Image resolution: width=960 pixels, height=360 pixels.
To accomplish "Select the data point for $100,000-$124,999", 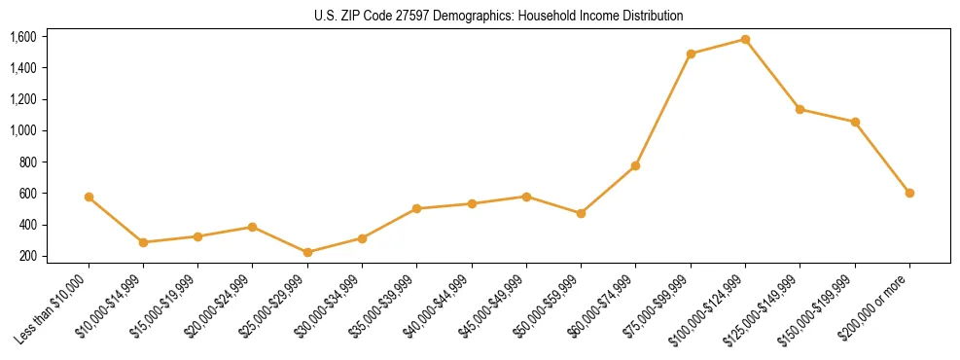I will [x=745, y=39].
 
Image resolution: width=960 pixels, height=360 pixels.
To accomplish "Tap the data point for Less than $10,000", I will [x=89, y=197].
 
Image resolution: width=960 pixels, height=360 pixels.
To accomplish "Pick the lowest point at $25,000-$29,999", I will [x=307, y=252].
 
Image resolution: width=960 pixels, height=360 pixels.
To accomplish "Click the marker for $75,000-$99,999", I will [x=691, y=54].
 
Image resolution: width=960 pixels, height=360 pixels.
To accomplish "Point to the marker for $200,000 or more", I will [x=909, y=193].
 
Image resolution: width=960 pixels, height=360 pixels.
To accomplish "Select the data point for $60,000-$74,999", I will [x=635, y=165].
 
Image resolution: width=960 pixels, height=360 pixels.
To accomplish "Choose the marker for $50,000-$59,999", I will [x=581, y=213].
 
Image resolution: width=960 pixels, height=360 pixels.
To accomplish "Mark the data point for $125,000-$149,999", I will [x=800, y=109].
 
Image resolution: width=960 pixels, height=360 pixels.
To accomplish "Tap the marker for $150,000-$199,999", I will [x=855, y=122].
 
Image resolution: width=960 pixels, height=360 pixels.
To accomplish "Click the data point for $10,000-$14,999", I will [x=143, y=242].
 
